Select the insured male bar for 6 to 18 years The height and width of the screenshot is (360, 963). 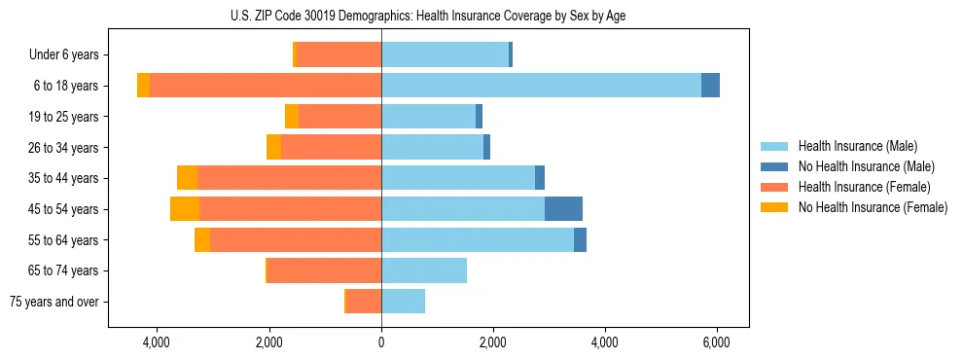click(x=541, y=86)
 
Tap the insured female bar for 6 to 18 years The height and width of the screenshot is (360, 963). click(x=266, y=86)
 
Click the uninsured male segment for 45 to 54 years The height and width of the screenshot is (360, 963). click(x=563, y=209)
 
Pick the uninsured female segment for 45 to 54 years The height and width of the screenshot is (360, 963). click(x=185, y=209)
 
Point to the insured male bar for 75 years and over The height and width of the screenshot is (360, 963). click(x=403, y=302)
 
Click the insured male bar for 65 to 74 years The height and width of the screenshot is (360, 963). click(x=424, y=270)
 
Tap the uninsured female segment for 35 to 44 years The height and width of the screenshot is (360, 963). click(x=188, y=178)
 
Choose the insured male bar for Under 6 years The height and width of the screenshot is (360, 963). click(x=445, y=54)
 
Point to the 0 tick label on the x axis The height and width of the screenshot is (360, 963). click(x=381, y=342)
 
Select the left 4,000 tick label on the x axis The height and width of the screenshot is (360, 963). click(x=157, y=342)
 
